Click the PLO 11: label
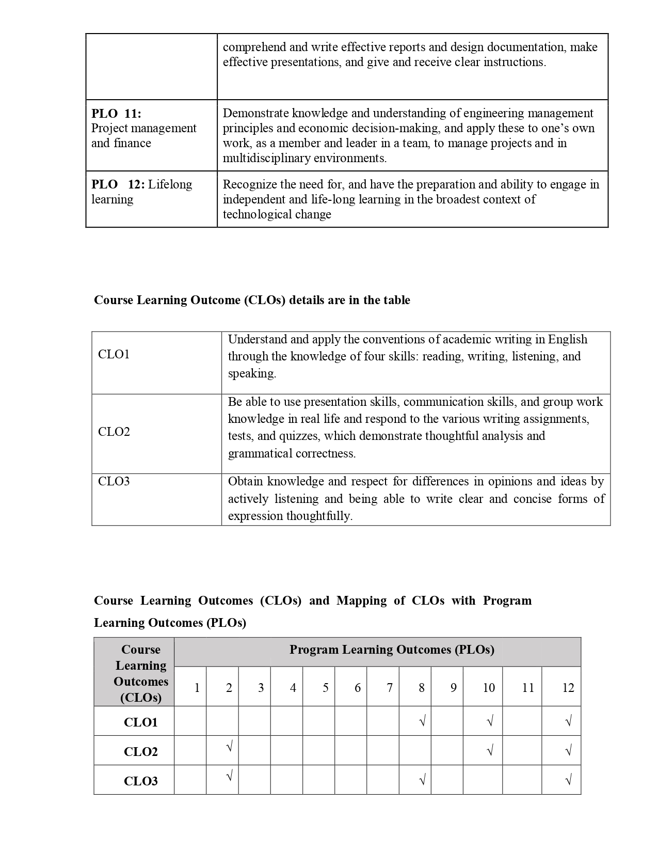(116, 114)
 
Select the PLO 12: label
(118, 185)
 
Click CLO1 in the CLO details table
(114, 354)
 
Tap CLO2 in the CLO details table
(114, 432)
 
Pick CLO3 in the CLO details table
(114, 482)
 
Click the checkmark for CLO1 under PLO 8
(422, 721)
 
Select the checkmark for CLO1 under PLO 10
(490, 721)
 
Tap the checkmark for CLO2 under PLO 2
(229, 746)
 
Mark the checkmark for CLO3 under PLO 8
(422, 780)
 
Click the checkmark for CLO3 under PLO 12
(568, 780)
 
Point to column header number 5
(325, 688)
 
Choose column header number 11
(527, 688)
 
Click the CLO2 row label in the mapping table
(140, 751)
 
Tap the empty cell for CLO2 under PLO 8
(415, 750)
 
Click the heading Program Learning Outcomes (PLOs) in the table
(391, 650)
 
